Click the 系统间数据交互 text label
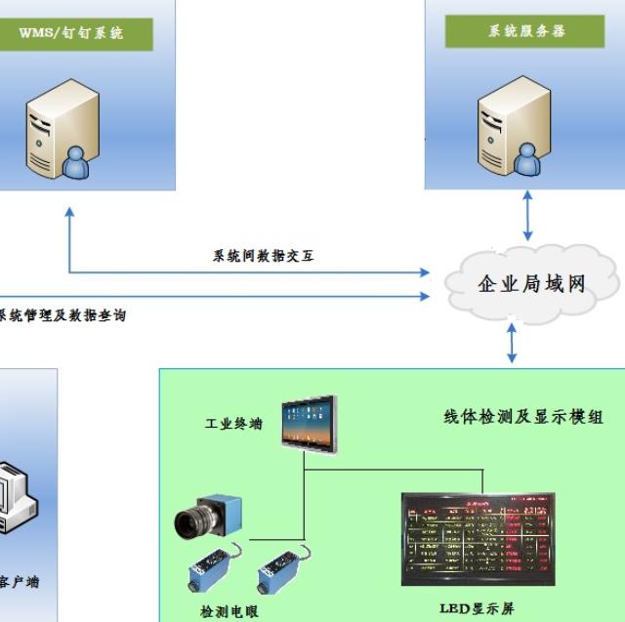click(264, 257)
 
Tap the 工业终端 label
click(232, 426)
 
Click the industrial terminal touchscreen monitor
click(308, 424)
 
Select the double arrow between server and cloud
click(528, 216)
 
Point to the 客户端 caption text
click(20, 582)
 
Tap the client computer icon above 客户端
click(15, 498)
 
